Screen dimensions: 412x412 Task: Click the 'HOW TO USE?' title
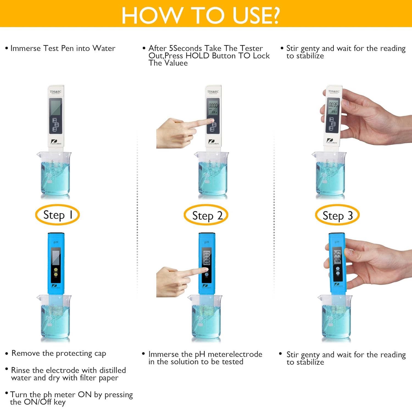tap(201, 15)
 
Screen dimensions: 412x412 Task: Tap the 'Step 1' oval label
tap(57, 215)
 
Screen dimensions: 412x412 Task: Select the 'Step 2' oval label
tap(206, 216)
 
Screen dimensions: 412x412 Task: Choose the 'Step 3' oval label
tap(337, 216)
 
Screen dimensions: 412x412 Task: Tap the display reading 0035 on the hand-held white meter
tap(333, 105)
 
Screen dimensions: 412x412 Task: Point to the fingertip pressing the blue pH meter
tap(204, 270)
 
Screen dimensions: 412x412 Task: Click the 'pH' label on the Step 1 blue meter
tap(56, 242)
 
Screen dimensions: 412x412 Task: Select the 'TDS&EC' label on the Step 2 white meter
tap(213, 92)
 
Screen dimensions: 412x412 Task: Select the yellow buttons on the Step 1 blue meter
tap(56, 272)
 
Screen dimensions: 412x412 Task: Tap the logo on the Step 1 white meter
tap(56, 142)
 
